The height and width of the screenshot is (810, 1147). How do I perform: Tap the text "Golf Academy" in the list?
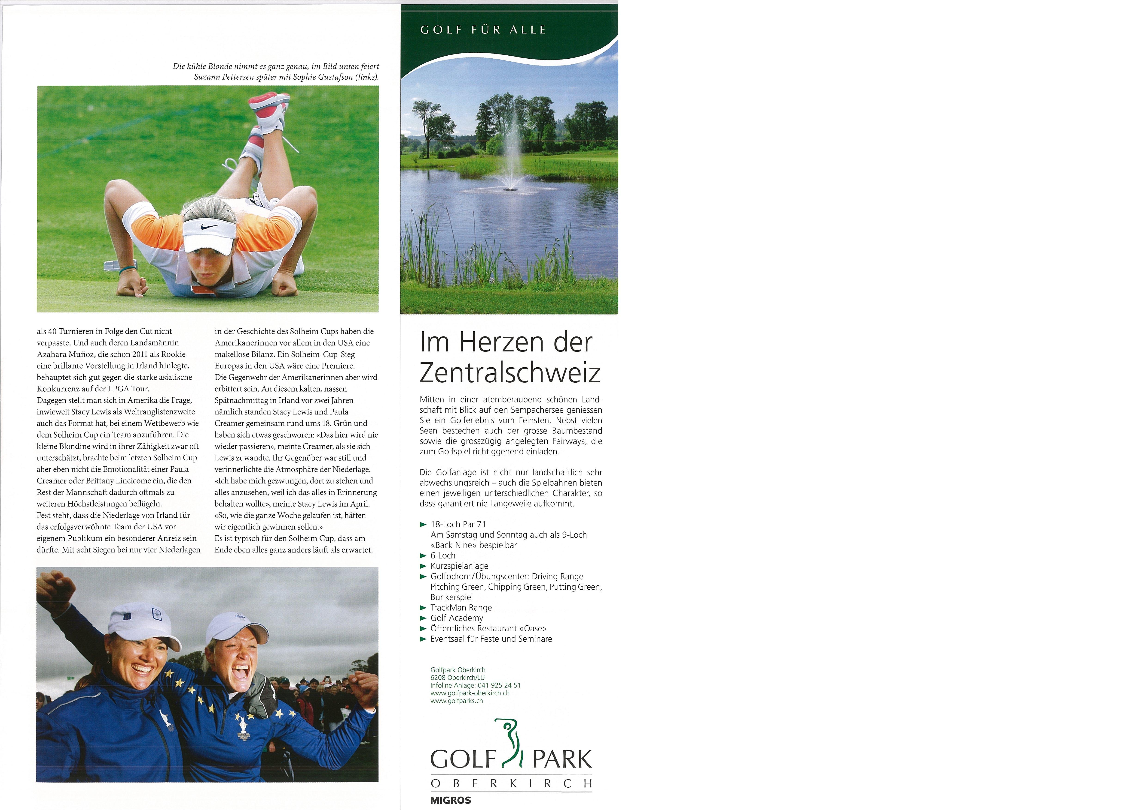point(457,618)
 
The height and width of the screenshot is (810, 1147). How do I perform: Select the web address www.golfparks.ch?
point(457,701)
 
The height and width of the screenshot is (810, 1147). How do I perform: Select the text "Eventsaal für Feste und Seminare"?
point(491,639)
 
